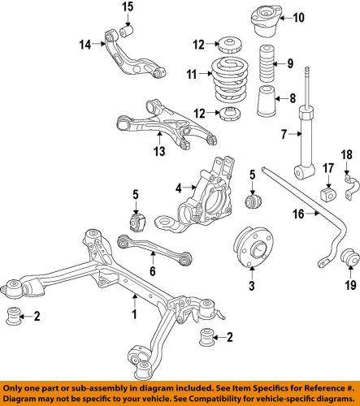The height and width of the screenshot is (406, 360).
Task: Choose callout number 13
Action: (158, 152)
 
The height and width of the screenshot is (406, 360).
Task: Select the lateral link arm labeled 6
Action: (154, 248)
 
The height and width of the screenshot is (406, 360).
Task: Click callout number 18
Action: (345, 177)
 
